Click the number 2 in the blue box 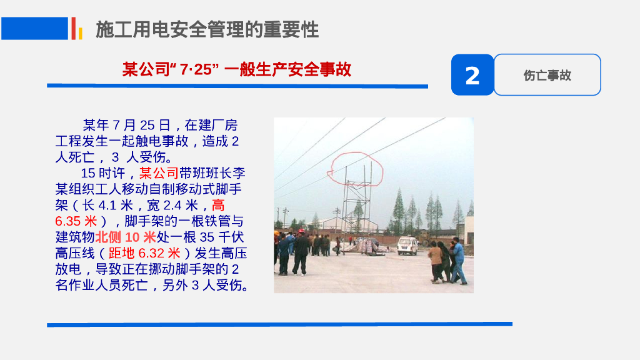click(472, 76)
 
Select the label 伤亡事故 click(547, 76)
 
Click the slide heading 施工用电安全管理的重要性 click(207, 29)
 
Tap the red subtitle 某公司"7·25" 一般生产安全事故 click(237, 69)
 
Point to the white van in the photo click(407, 245)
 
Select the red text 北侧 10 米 click(126, 237)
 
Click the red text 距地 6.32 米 click(144, 253)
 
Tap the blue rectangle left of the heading click(34, 28)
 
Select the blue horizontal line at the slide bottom click(279, 324)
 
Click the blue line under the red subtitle click(237, 86)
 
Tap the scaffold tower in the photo click(356, 206)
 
